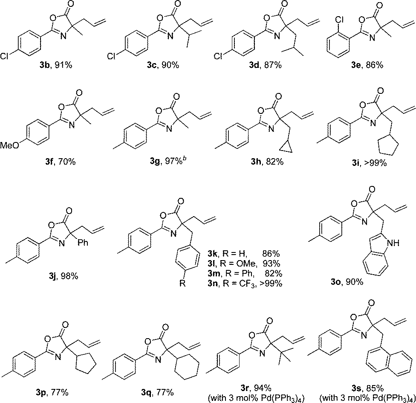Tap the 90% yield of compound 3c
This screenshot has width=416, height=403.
tap(170, 65)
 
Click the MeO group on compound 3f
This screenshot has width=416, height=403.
tap(10, 145)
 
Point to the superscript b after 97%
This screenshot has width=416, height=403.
tap(184, 159)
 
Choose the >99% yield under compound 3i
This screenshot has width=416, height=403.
tap(375, 163)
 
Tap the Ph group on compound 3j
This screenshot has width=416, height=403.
tap(83, 242)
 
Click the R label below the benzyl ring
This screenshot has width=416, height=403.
tap(182, 284)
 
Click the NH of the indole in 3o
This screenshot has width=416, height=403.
tap(393, 243)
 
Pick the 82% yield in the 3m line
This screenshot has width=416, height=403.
tap(273, 273)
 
